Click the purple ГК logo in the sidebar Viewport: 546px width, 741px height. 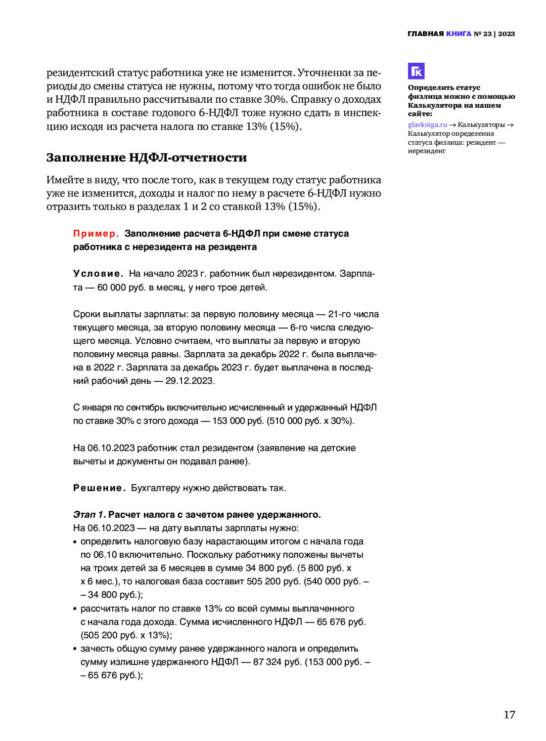416,71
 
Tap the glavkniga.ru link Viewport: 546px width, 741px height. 427,125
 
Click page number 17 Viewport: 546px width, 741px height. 509,715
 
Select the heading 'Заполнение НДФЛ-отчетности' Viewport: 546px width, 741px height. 146,158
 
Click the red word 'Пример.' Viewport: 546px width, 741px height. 96,234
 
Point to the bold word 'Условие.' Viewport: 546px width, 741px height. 98,274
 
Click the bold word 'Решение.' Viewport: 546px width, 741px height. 99,488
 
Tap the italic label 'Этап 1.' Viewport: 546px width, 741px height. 89,515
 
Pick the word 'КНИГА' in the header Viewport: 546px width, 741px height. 458,34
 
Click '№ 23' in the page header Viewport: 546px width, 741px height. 483,34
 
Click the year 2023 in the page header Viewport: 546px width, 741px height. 506,34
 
